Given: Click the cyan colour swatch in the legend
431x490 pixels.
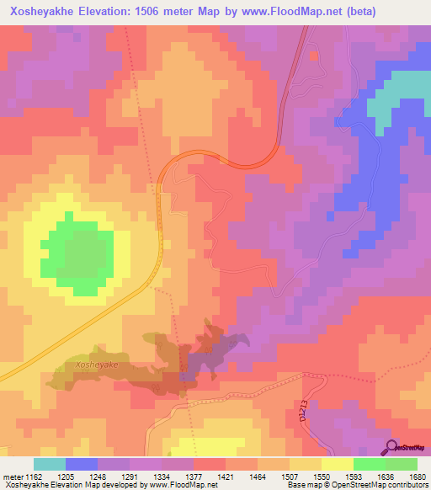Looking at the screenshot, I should pos(50,464).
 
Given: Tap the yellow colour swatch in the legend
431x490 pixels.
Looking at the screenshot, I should pos(338,464).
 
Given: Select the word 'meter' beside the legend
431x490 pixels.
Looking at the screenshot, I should pos(12,477).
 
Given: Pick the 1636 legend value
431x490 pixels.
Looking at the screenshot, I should pos(386,477).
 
